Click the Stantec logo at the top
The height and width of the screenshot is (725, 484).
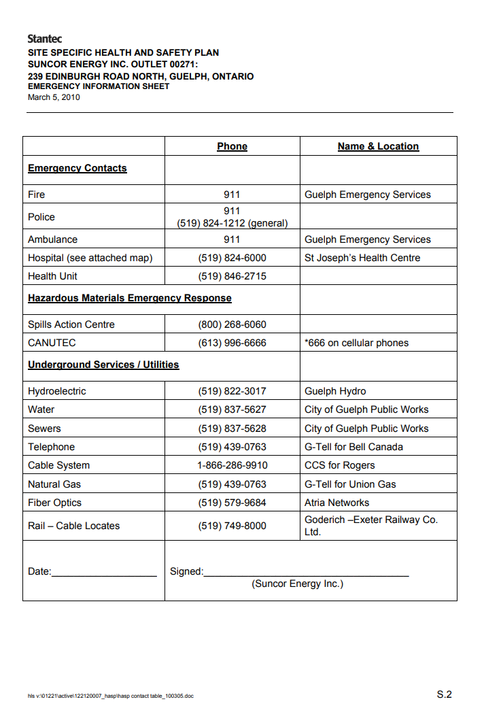click(x=45, y=39)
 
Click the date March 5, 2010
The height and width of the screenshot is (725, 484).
click(x=54, y=97)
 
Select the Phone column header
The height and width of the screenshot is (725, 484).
click(x=232, y=146)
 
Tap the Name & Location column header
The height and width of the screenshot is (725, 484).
click(x=378, y=146)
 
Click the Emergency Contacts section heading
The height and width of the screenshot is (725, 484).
click(x=77, y=168)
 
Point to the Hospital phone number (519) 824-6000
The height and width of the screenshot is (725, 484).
click(x=232, y=258)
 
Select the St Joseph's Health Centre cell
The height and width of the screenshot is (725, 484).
click(x=362, y=258)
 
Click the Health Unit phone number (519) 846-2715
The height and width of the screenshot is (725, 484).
click(x=232, y=276)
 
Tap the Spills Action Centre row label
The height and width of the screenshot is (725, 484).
click(x=71, y=324)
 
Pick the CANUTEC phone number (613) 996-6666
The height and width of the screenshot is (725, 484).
click(x=232, y=343)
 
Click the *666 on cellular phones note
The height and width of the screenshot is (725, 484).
click(x=357, y=343)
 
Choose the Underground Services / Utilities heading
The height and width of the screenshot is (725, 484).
click(x=103, y=365)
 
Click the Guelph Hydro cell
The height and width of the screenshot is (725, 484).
click(x=335, y=391)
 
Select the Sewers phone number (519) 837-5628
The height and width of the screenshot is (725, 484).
click(x=232, y=428)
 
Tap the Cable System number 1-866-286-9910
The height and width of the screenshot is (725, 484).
click(x=232, y=465)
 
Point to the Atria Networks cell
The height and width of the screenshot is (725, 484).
click(x=337, y=503)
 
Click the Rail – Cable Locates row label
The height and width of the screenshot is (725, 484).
click(x=73, y=526)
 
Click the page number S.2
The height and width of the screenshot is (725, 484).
click(x=444, y=694)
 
